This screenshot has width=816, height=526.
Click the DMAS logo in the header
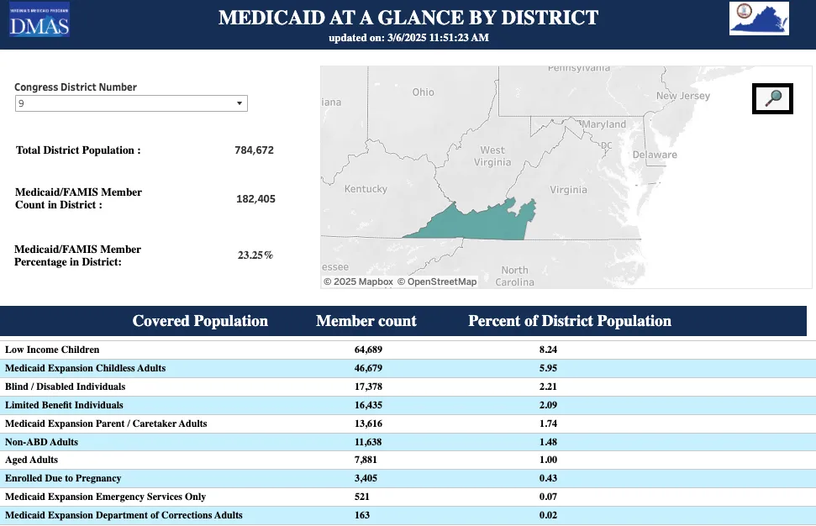39,21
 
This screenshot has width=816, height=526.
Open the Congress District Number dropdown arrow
240,103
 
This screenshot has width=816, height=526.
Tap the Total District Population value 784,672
254,150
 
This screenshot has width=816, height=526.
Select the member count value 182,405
255,199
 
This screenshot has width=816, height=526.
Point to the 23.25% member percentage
255,255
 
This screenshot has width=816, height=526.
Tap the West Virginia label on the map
492,156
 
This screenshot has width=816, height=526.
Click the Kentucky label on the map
366,189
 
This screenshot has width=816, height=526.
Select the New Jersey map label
682,96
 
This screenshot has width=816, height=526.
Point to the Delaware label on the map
654,155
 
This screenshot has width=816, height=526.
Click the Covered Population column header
200,321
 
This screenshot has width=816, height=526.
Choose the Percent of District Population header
569,321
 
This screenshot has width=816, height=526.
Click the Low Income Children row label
52,350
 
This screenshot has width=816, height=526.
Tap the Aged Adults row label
32,460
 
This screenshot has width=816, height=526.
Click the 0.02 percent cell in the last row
548,516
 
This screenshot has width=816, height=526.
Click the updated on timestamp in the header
408,38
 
